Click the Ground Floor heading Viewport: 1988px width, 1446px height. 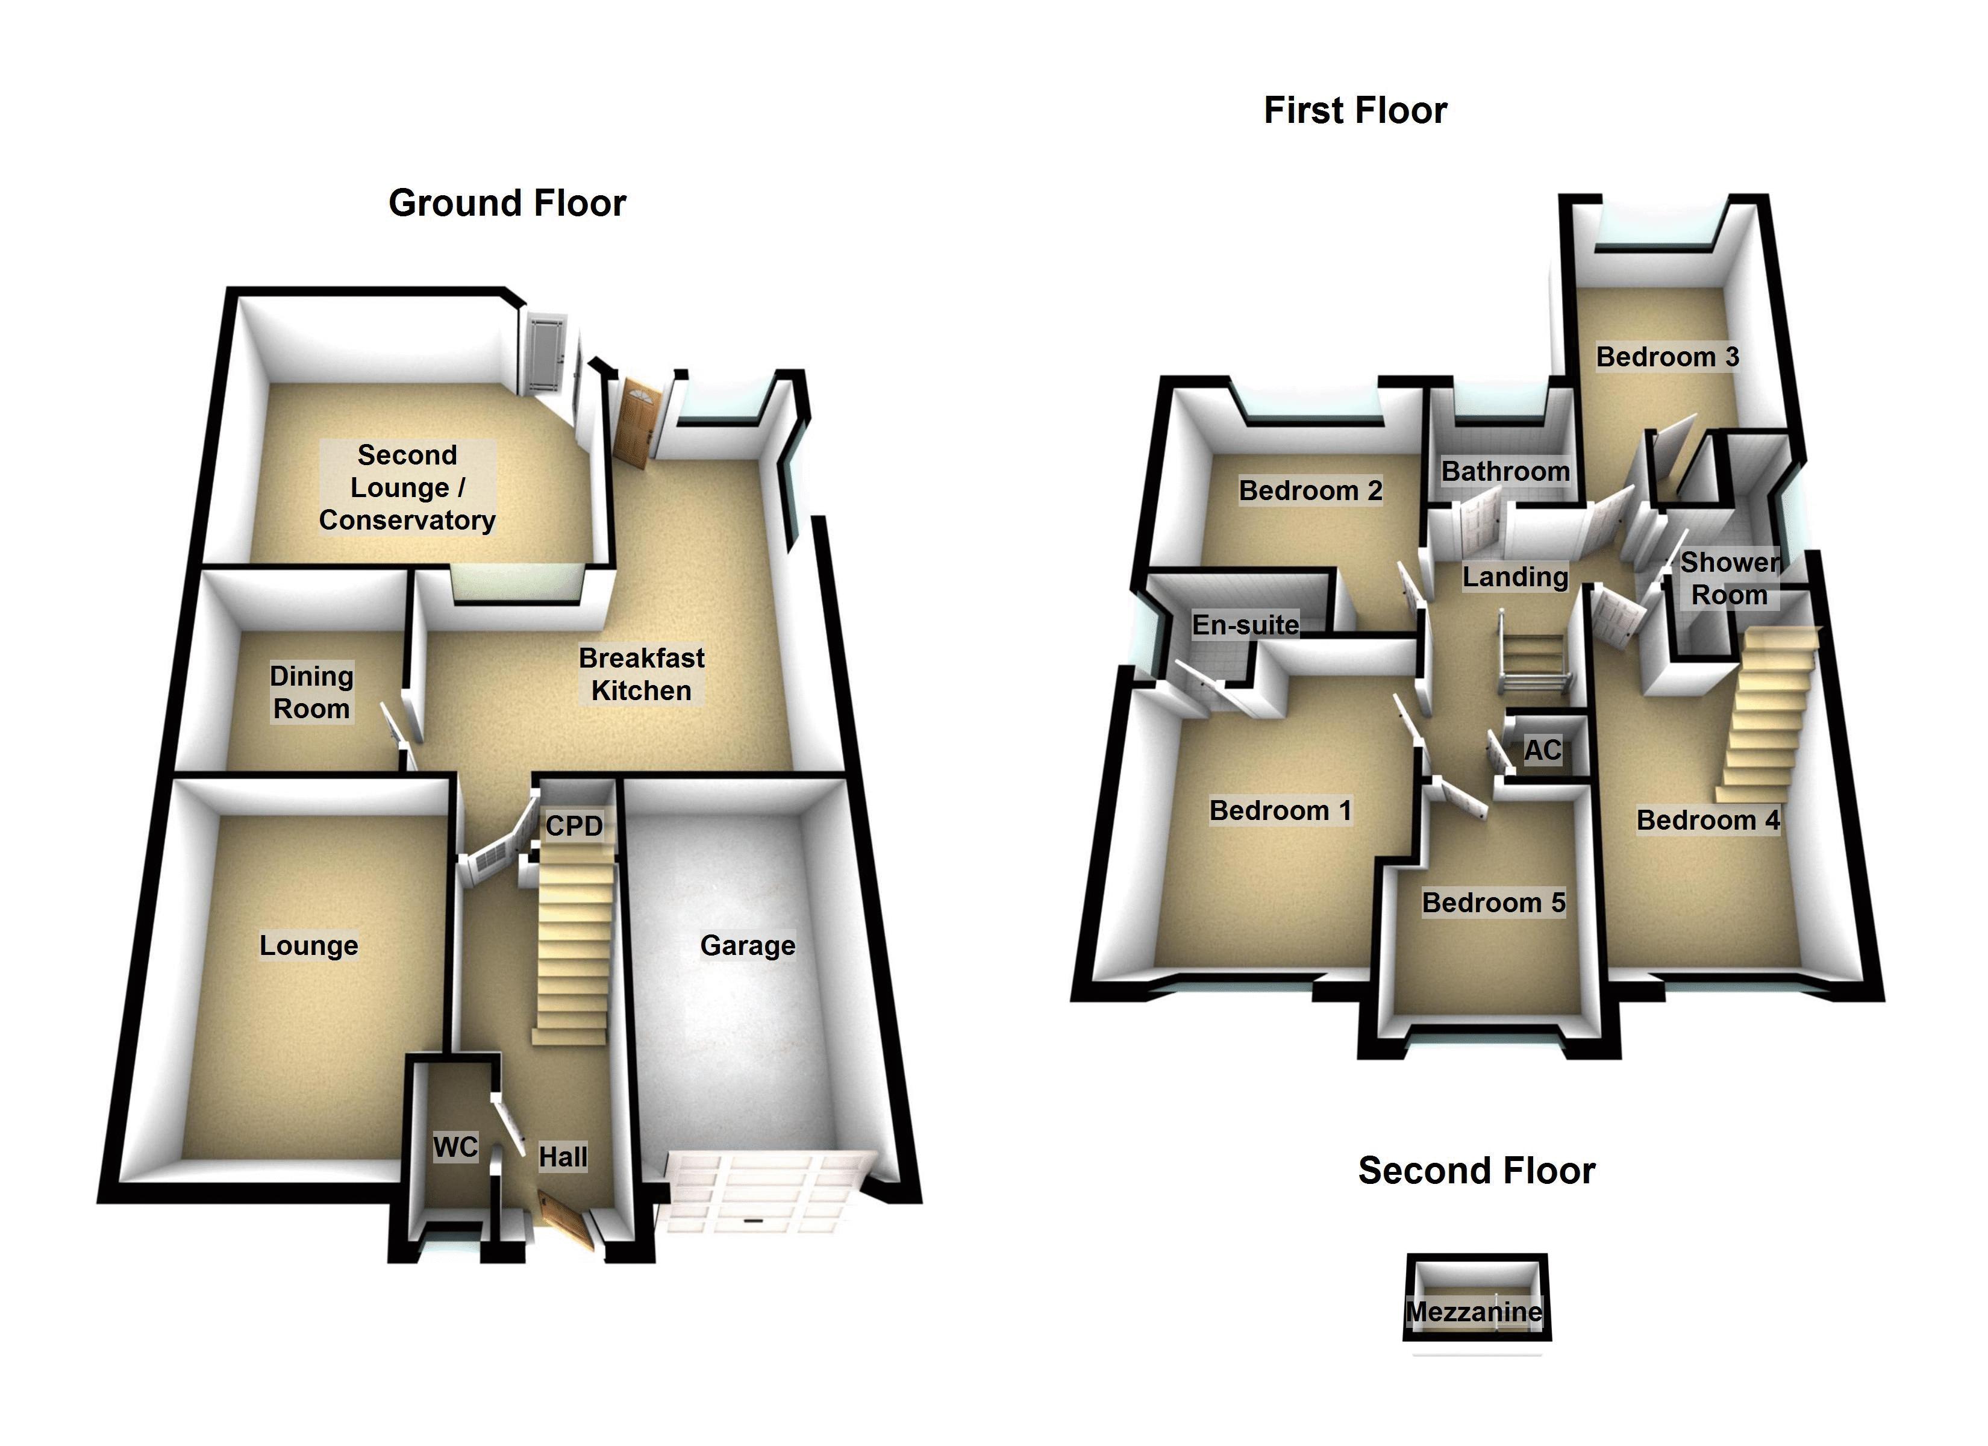tap(507, 204)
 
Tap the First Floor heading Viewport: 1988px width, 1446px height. tap(1355, 110)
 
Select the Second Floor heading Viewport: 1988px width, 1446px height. tap(1476, 1171)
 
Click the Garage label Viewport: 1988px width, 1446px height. tap(748, 945)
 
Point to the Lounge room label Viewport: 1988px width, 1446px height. tap(308, 945)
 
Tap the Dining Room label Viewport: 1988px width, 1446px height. tap(311, 692)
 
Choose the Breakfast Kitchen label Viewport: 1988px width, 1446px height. tap(642, 674)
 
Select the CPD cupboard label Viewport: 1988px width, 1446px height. tap(574, 826)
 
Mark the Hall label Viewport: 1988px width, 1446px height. tap(563, 1157)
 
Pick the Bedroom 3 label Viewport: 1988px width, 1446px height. tap(1667, 357)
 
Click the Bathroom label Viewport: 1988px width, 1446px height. tap(1505, 472)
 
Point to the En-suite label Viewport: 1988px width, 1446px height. tap(1245, 625)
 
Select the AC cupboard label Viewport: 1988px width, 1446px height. tap(1542, 751)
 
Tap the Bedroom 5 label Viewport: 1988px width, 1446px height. tap(1493, 903)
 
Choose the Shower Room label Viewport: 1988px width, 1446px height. tap(1728, 579)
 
